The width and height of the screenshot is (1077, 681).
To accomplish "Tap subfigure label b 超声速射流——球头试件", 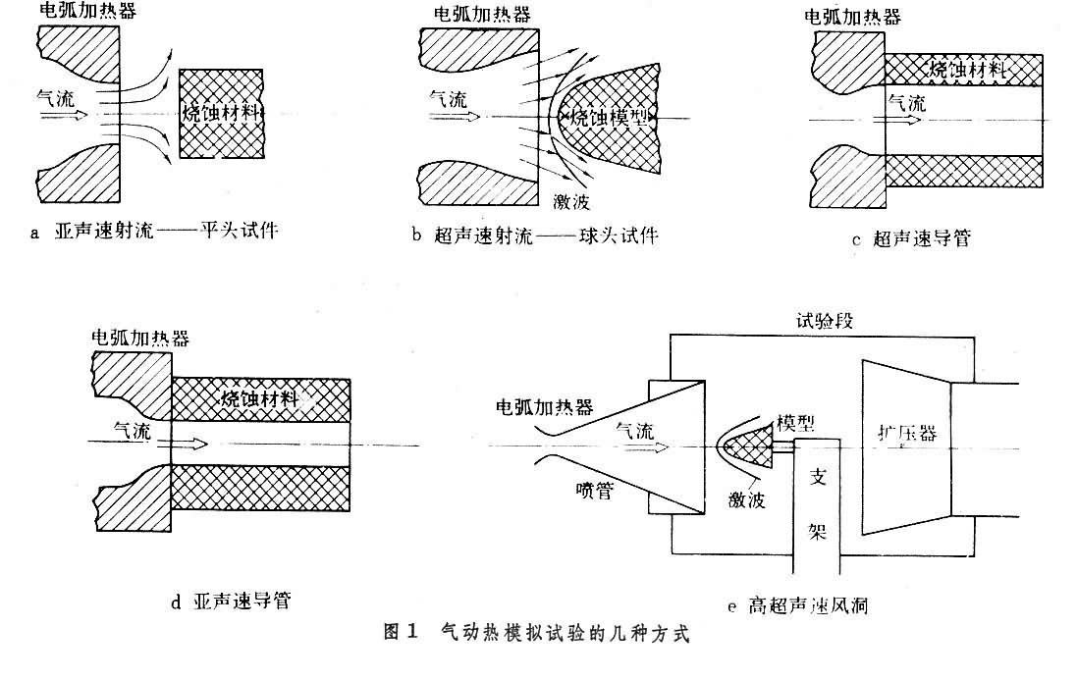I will pos(535,235).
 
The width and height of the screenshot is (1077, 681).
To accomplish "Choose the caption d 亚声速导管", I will pos(231,601).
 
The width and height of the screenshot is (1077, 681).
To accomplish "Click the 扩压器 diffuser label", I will pos(902,433).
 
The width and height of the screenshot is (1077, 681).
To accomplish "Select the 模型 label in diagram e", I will pos(793,421).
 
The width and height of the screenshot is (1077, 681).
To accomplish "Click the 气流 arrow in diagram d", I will pos(190,444).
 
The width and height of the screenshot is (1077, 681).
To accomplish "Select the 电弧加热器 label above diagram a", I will pos(86,13).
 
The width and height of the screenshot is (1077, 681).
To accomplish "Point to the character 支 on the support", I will pos(817,475).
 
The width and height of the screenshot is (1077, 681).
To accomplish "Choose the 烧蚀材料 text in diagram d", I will pos(260,398).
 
